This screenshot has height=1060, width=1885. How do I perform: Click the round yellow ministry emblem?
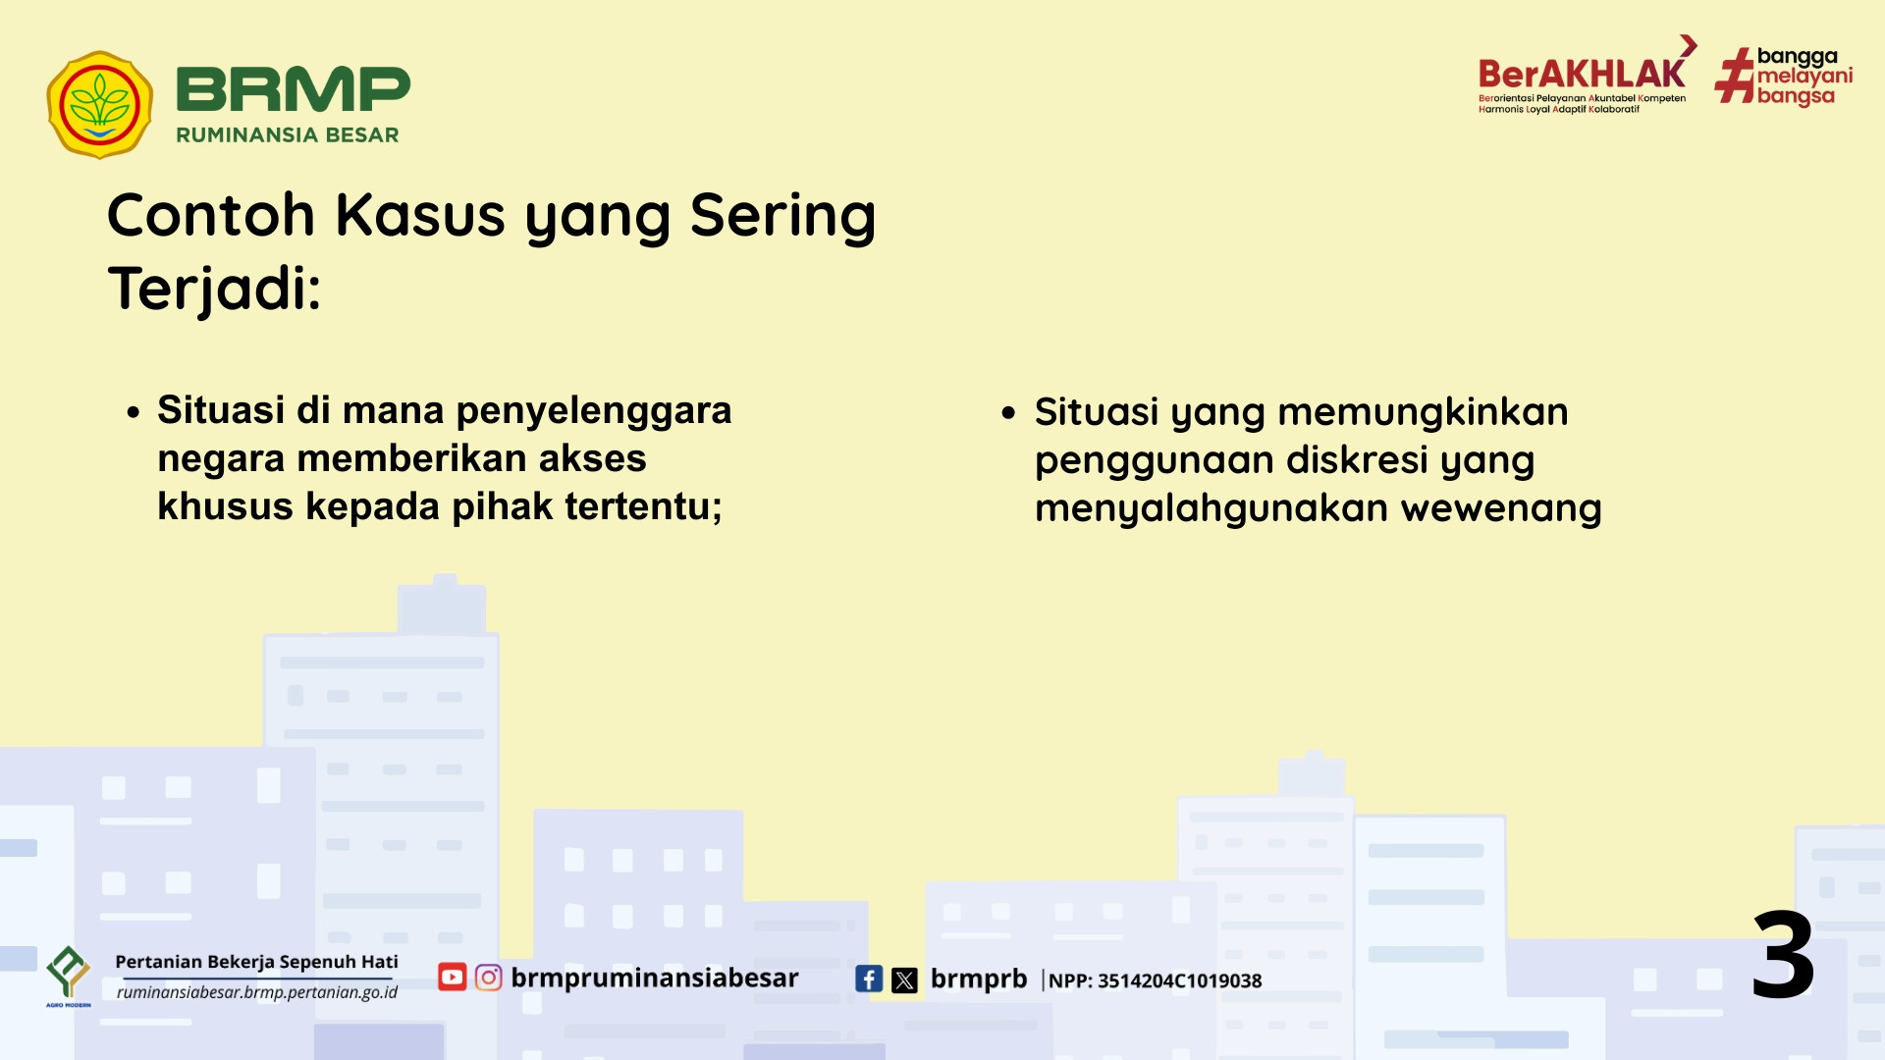[x=99, y=105]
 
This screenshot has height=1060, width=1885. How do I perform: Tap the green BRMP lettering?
[x=293, y=89]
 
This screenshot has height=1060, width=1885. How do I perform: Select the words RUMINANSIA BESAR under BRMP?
[x=287, y=135]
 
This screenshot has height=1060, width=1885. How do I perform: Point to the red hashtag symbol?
[x=1735, y=76]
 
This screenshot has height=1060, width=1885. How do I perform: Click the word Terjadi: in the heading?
[x=214, y=289]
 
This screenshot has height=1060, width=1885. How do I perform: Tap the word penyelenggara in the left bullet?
[x=594, y=411]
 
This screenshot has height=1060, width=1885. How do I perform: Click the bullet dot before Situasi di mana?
[x=134, y=412]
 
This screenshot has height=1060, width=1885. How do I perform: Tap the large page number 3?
[x=1783, y=954]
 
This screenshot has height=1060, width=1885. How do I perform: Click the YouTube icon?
[x=452, y=978]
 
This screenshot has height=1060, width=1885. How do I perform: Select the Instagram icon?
[x=488, y=978]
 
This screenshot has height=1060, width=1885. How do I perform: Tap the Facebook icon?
[x=869, y=979]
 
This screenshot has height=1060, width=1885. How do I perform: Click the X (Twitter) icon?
[x=904, y=980]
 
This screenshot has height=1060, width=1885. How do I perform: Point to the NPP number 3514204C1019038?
[x=1179, y=980]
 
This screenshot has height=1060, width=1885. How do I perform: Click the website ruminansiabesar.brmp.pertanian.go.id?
[x=257, y=992]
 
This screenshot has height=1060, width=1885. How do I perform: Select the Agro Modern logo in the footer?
[x=69, y=976]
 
